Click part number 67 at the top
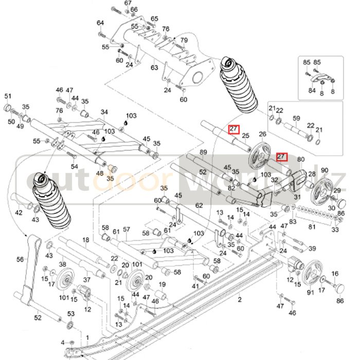pos(128,3)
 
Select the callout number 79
pos(184,41)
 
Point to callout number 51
pos(8,96)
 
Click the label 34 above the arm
pos(104,112)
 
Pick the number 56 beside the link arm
pos(20,260)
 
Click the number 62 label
pos(200,205)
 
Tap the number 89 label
pos(203,152)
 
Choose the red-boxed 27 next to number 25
pos(233,129)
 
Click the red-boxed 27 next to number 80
pos(281,156)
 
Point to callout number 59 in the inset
pos(296,118)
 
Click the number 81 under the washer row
pos(312,227)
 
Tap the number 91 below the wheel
pos(310,293)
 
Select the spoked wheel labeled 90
pos(324,187)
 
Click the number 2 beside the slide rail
pos(239,298)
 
